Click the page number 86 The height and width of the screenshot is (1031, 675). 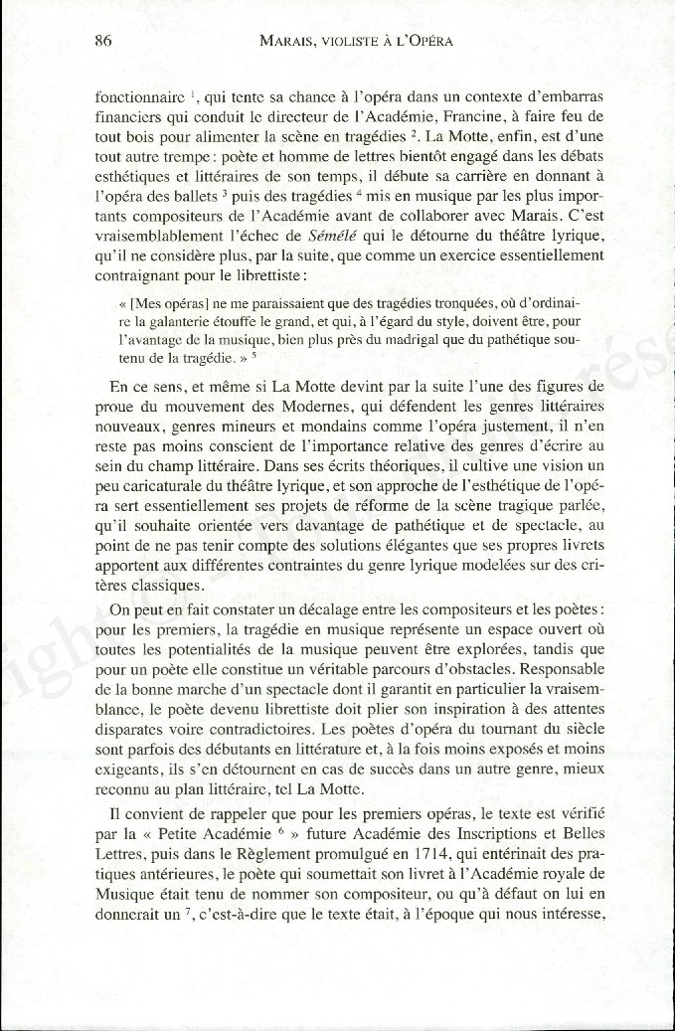[101, 42]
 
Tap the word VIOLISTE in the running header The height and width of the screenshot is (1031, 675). [342, 42]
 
